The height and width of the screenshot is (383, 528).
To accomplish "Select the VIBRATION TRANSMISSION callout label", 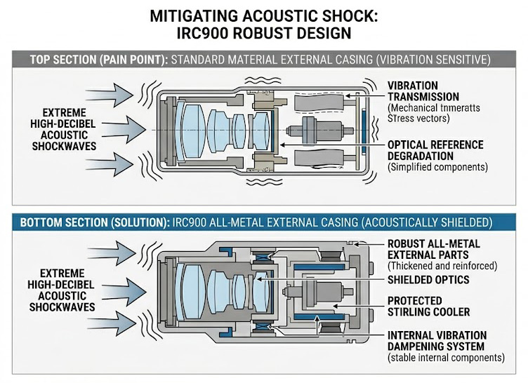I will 423,90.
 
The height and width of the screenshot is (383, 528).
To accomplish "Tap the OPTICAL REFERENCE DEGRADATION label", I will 435,150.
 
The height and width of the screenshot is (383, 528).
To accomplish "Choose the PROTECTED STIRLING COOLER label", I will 428,306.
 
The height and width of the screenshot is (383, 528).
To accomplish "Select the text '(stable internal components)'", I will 444,358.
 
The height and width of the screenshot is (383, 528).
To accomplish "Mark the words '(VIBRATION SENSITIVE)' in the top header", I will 430,60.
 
